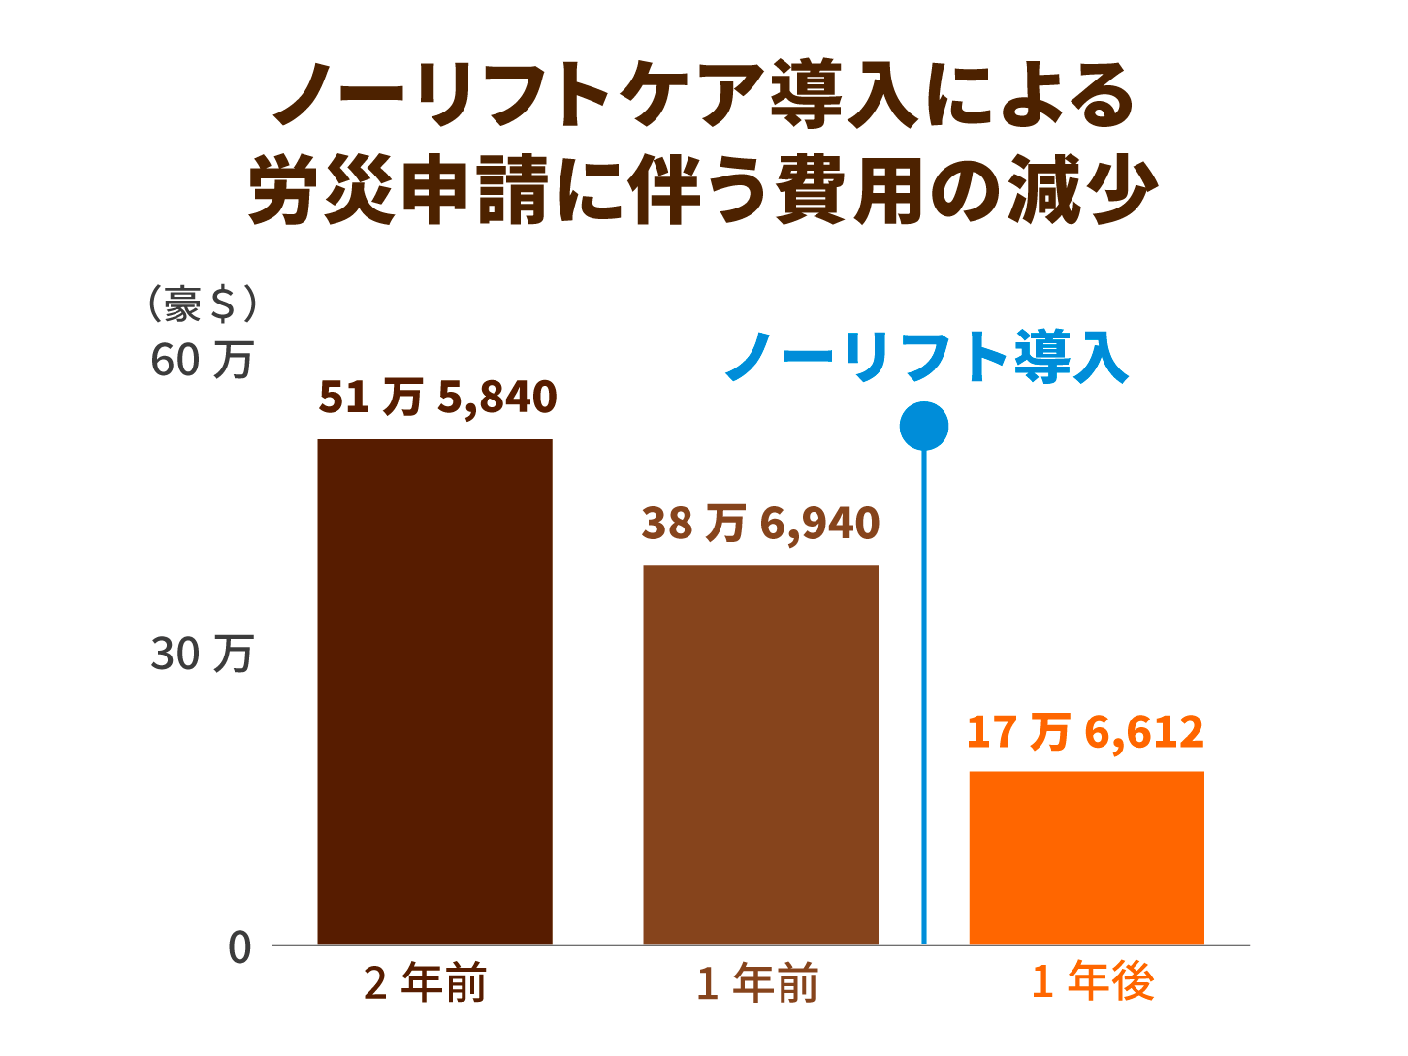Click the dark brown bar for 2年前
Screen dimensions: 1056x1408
click(x=434, y=691)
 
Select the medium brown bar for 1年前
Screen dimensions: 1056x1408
click(x=760, y=754)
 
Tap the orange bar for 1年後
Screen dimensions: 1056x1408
click(x=1086, y=857)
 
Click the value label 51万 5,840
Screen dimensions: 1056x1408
click(x=437, y=398)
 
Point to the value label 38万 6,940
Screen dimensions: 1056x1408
click(x=760, y=524)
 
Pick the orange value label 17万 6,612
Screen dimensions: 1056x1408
click(x=1085, y=732)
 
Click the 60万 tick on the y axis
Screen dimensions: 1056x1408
click(x=202, y=360)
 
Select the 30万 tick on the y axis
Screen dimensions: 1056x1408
click(x=202, y=655)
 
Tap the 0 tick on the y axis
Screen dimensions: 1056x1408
click(x=240, y=947)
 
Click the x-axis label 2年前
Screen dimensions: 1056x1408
click(x=425, y=983)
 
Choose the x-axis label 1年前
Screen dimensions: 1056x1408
click(x=757, y=983)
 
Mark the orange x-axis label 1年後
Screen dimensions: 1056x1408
click(x=1093, y=981)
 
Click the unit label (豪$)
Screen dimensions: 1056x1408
click(x=203, y=304)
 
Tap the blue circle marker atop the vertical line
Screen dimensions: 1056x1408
click(x=923, y=427)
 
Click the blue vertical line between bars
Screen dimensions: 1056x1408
click(x=923, y=698)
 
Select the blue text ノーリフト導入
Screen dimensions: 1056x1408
click(x=927, y=357)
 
